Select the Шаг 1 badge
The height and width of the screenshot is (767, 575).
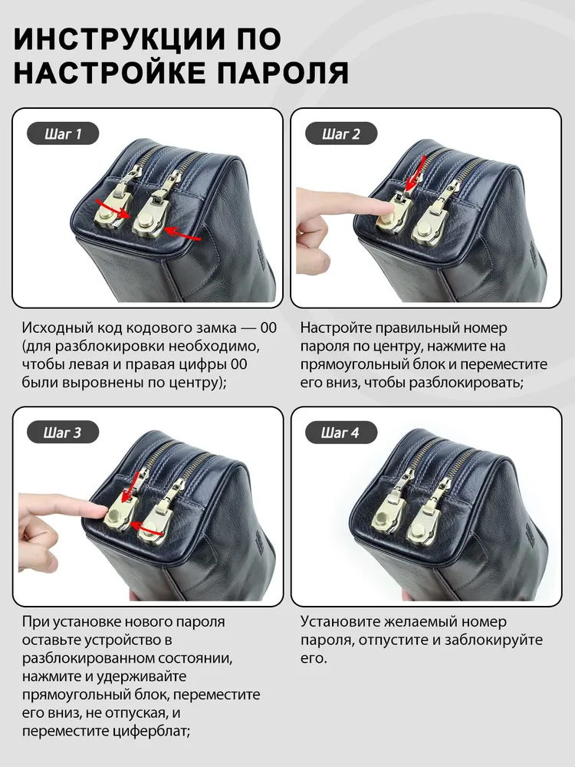click(x=63, y=133)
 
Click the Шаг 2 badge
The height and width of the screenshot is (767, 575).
click(x=341, y=133)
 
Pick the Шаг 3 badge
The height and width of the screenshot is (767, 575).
click(x=63, y=433)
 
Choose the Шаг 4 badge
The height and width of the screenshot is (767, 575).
click(x=341, y=433)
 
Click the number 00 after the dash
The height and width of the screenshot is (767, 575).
click(x=268, y=328)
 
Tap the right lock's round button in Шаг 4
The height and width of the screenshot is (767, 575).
click(x=416, y=528)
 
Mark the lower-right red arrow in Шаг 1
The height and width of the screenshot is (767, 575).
click(x=182, y=233)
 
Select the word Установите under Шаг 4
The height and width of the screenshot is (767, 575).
click(x=340, y=622)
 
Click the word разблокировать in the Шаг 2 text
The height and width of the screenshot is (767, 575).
click(x=466, y=383)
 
